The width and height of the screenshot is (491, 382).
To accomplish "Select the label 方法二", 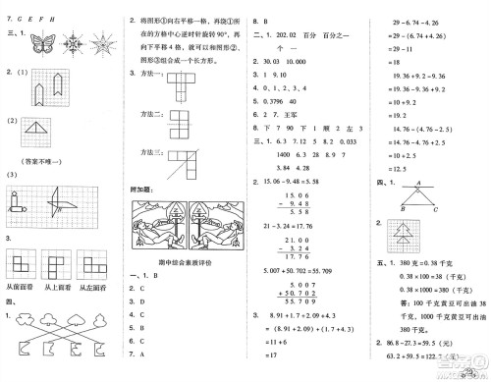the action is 152,116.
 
